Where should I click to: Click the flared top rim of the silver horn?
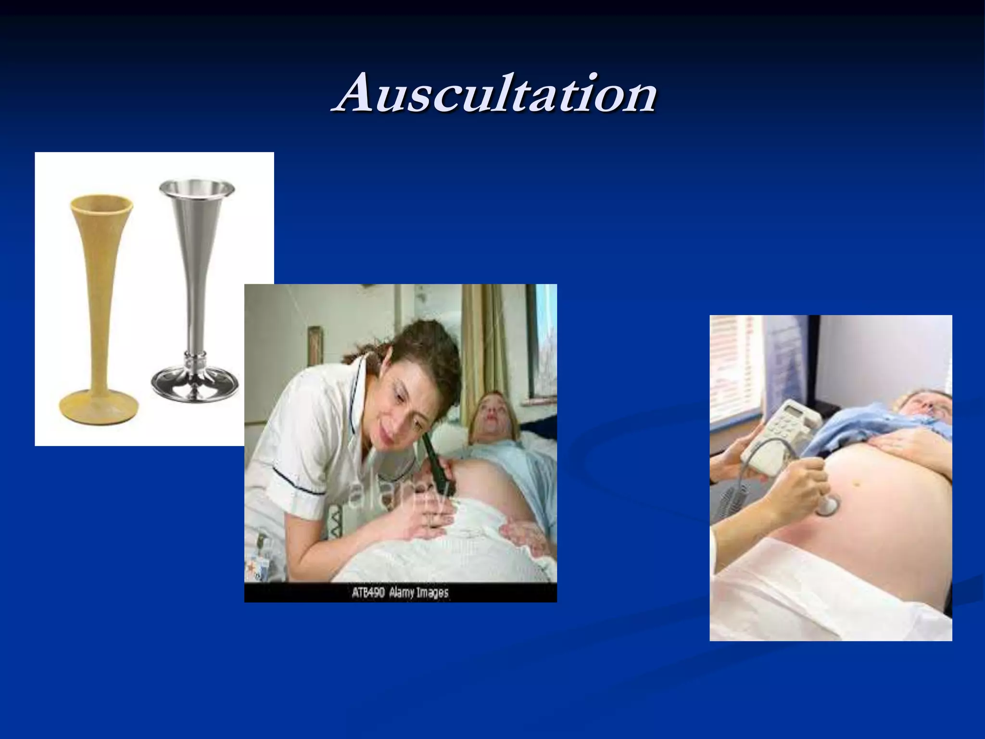(197, 186)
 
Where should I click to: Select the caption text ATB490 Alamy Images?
(400, 593)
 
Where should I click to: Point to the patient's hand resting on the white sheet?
(524, 534)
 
